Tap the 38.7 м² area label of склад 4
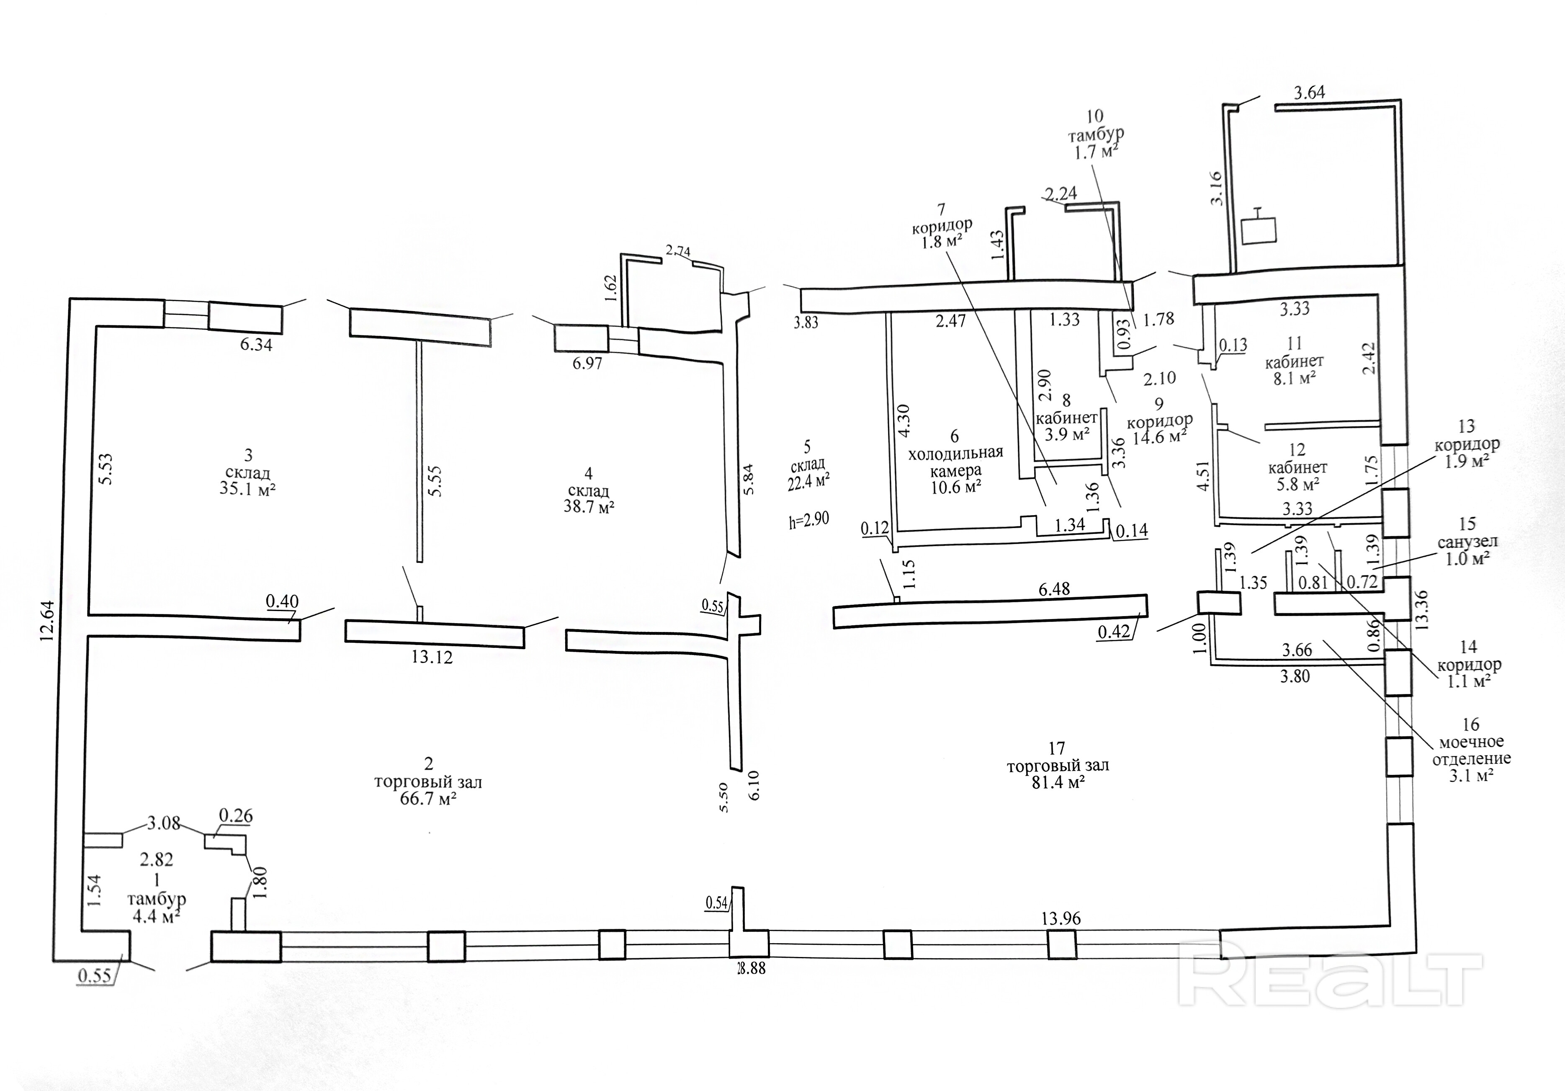(x=589, y=507)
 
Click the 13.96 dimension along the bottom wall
(x=1061, y=918)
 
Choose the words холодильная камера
(x=956, y=462)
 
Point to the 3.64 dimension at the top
(x=1309, y=93)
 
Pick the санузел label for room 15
(x=1467, y=542)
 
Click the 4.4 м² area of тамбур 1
(x=157, y=916)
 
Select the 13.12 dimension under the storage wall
(x=432, y=658)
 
